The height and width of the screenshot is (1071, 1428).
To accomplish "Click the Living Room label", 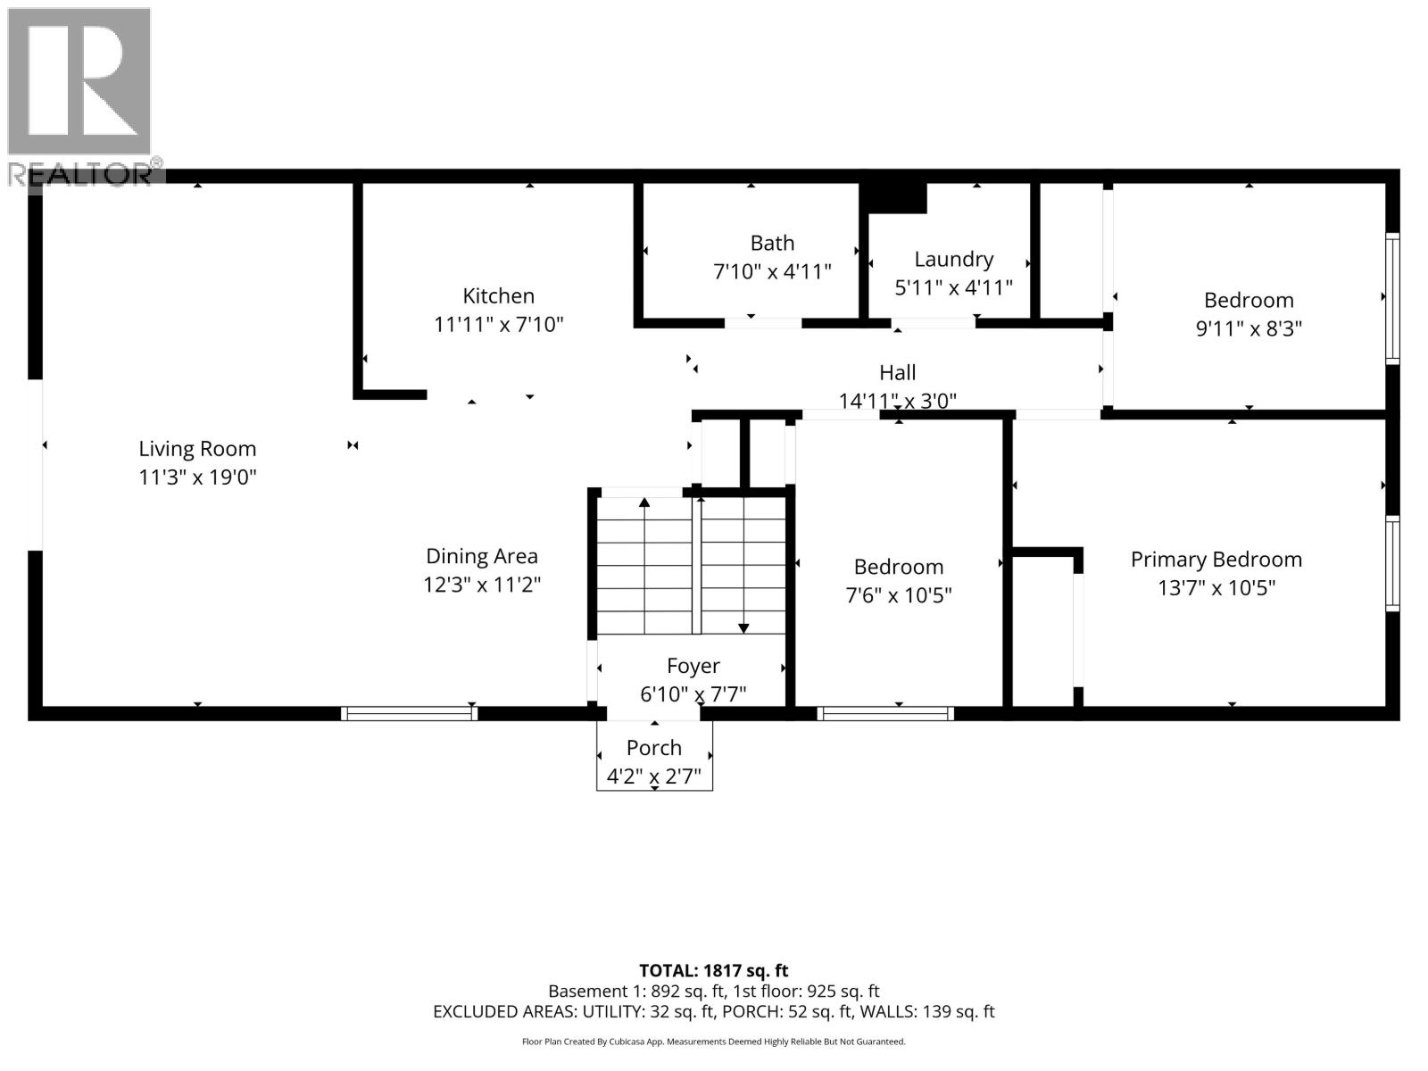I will click(x=197, y=449).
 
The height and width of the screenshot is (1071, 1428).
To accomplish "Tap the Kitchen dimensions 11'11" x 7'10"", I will click(x=498, y=325).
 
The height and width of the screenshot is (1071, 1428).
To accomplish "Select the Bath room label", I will click(x=772, y=243).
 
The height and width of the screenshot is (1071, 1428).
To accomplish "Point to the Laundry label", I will click(x=953, y=259).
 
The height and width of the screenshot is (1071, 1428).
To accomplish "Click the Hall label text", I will click(x=897, y=372).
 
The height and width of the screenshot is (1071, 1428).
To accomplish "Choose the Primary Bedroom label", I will click(x=1216, y=560).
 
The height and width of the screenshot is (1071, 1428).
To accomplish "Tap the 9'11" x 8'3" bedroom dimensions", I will click(x=1248, y=328).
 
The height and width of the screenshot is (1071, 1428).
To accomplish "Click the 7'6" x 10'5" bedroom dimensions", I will click(x=898, y=595).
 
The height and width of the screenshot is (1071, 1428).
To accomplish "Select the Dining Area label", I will click(x=481, y=556).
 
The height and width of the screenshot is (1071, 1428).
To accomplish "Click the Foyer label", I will click(x=693, y=666).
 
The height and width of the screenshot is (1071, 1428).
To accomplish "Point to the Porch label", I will click(x=653, y=748).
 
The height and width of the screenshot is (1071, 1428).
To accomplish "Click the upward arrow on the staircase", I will click(x=644, y=504).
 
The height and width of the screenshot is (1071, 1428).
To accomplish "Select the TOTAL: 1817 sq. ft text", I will click(x=713, y=970).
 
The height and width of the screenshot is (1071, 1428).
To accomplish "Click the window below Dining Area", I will click(x=410, y=713).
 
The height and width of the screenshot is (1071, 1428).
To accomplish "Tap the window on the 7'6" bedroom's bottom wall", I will click(x=884, y=713).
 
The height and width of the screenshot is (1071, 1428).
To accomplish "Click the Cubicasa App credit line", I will click(x=713, y=1042).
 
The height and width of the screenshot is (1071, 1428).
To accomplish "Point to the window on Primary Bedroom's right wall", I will click(x=1391, y=563).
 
